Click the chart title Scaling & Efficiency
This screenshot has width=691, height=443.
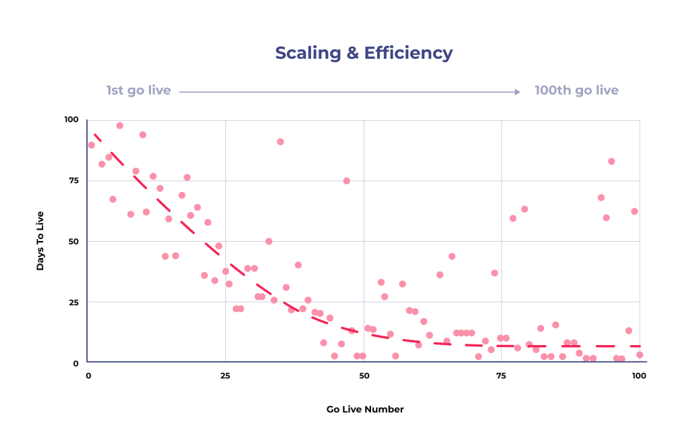pos(364,53)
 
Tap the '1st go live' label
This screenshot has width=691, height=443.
pos(138,90)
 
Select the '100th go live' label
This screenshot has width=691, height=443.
pos(576,90)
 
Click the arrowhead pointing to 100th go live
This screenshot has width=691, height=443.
pos(518,92)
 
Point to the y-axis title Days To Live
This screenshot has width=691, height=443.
pos(40,241)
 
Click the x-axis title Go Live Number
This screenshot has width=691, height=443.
pos(365,409)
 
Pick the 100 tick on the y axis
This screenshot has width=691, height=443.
pos(72,120)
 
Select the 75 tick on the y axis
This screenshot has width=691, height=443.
pos(74,180)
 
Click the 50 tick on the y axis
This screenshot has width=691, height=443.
pos(74,241)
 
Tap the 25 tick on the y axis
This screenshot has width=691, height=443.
pos(74,302)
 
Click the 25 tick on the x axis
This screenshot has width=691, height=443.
pos(225,375)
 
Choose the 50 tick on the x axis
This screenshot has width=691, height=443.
pos(364,375)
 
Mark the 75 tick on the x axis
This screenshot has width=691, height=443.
pos(501,375)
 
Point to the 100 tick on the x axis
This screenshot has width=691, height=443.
pos(639,375)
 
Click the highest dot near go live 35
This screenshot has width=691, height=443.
pos(280,142)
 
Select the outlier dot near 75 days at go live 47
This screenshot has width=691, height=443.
pos(346,181)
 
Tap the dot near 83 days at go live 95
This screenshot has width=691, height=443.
pos(611,161)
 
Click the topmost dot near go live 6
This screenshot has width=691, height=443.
pos(119,126)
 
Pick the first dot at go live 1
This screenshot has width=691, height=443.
pos(91,145)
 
